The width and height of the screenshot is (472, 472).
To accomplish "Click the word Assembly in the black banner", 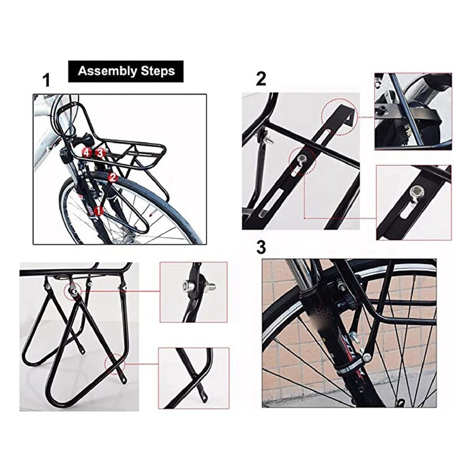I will coord(103,72).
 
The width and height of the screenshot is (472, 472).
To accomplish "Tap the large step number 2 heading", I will coord(261,79).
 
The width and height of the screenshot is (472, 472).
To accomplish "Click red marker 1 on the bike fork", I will coord(99,210).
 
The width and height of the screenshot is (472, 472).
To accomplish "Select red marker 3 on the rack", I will coord(100,153).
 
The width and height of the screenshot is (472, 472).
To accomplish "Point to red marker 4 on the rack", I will coord(87,153).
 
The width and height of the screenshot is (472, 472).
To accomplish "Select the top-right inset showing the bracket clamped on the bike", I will coord(412,111).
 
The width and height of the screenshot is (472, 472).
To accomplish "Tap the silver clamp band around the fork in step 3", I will coord(345,369).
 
